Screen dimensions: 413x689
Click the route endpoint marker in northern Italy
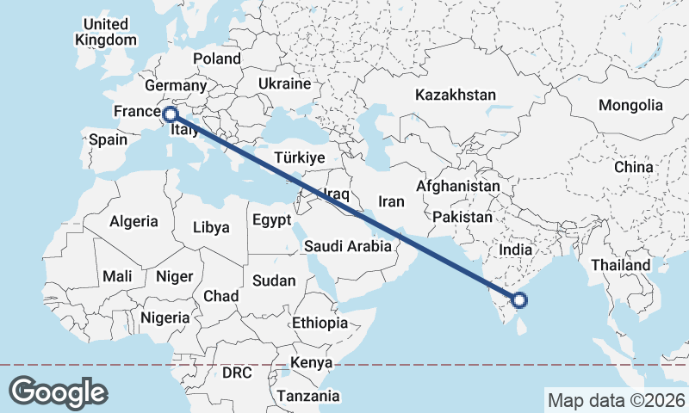point(170,114)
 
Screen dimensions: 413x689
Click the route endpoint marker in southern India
point(519,299)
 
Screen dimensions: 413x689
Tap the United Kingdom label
point(105,32)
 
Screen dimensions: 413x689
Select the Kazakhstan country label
point(456,95)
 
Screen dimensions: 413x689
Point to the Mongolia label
point(631,105)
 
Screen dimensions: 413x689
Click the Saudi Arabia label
point(348,246)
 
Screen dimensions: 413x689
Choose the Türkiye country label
point(298,157)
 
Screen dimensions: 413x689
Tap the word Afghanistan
point(457,186)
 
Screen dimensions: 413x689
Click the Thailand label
point(620,265)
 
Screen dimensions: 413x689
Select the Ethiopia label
point(320,323)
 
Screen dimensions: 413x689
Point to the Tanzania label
point(308,396)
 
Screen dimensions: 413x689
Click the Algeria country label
point(133,221)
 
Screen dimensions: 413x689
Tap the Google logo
point(58,391)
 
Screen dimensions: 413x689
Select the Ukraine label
point(284,84)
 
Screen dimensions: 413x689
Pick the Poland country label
point(217,59)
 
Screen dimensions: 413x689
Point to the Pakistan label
point(462,217)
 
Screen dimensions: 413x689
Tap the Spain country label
point(108,139)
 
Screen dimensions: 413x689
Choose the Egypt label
point(272,220)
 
